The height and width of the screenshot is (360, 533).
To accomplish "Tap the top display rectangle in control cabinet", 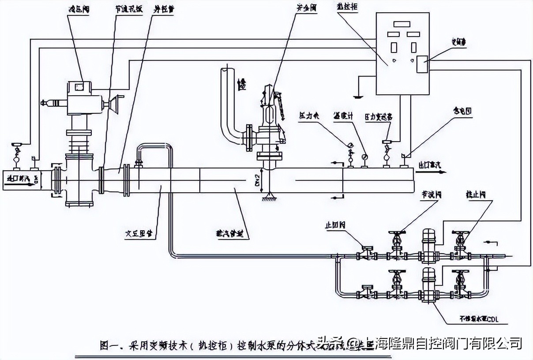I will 402,25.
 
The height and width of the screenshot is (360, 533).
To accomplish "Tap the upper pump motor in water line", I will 428,241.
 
